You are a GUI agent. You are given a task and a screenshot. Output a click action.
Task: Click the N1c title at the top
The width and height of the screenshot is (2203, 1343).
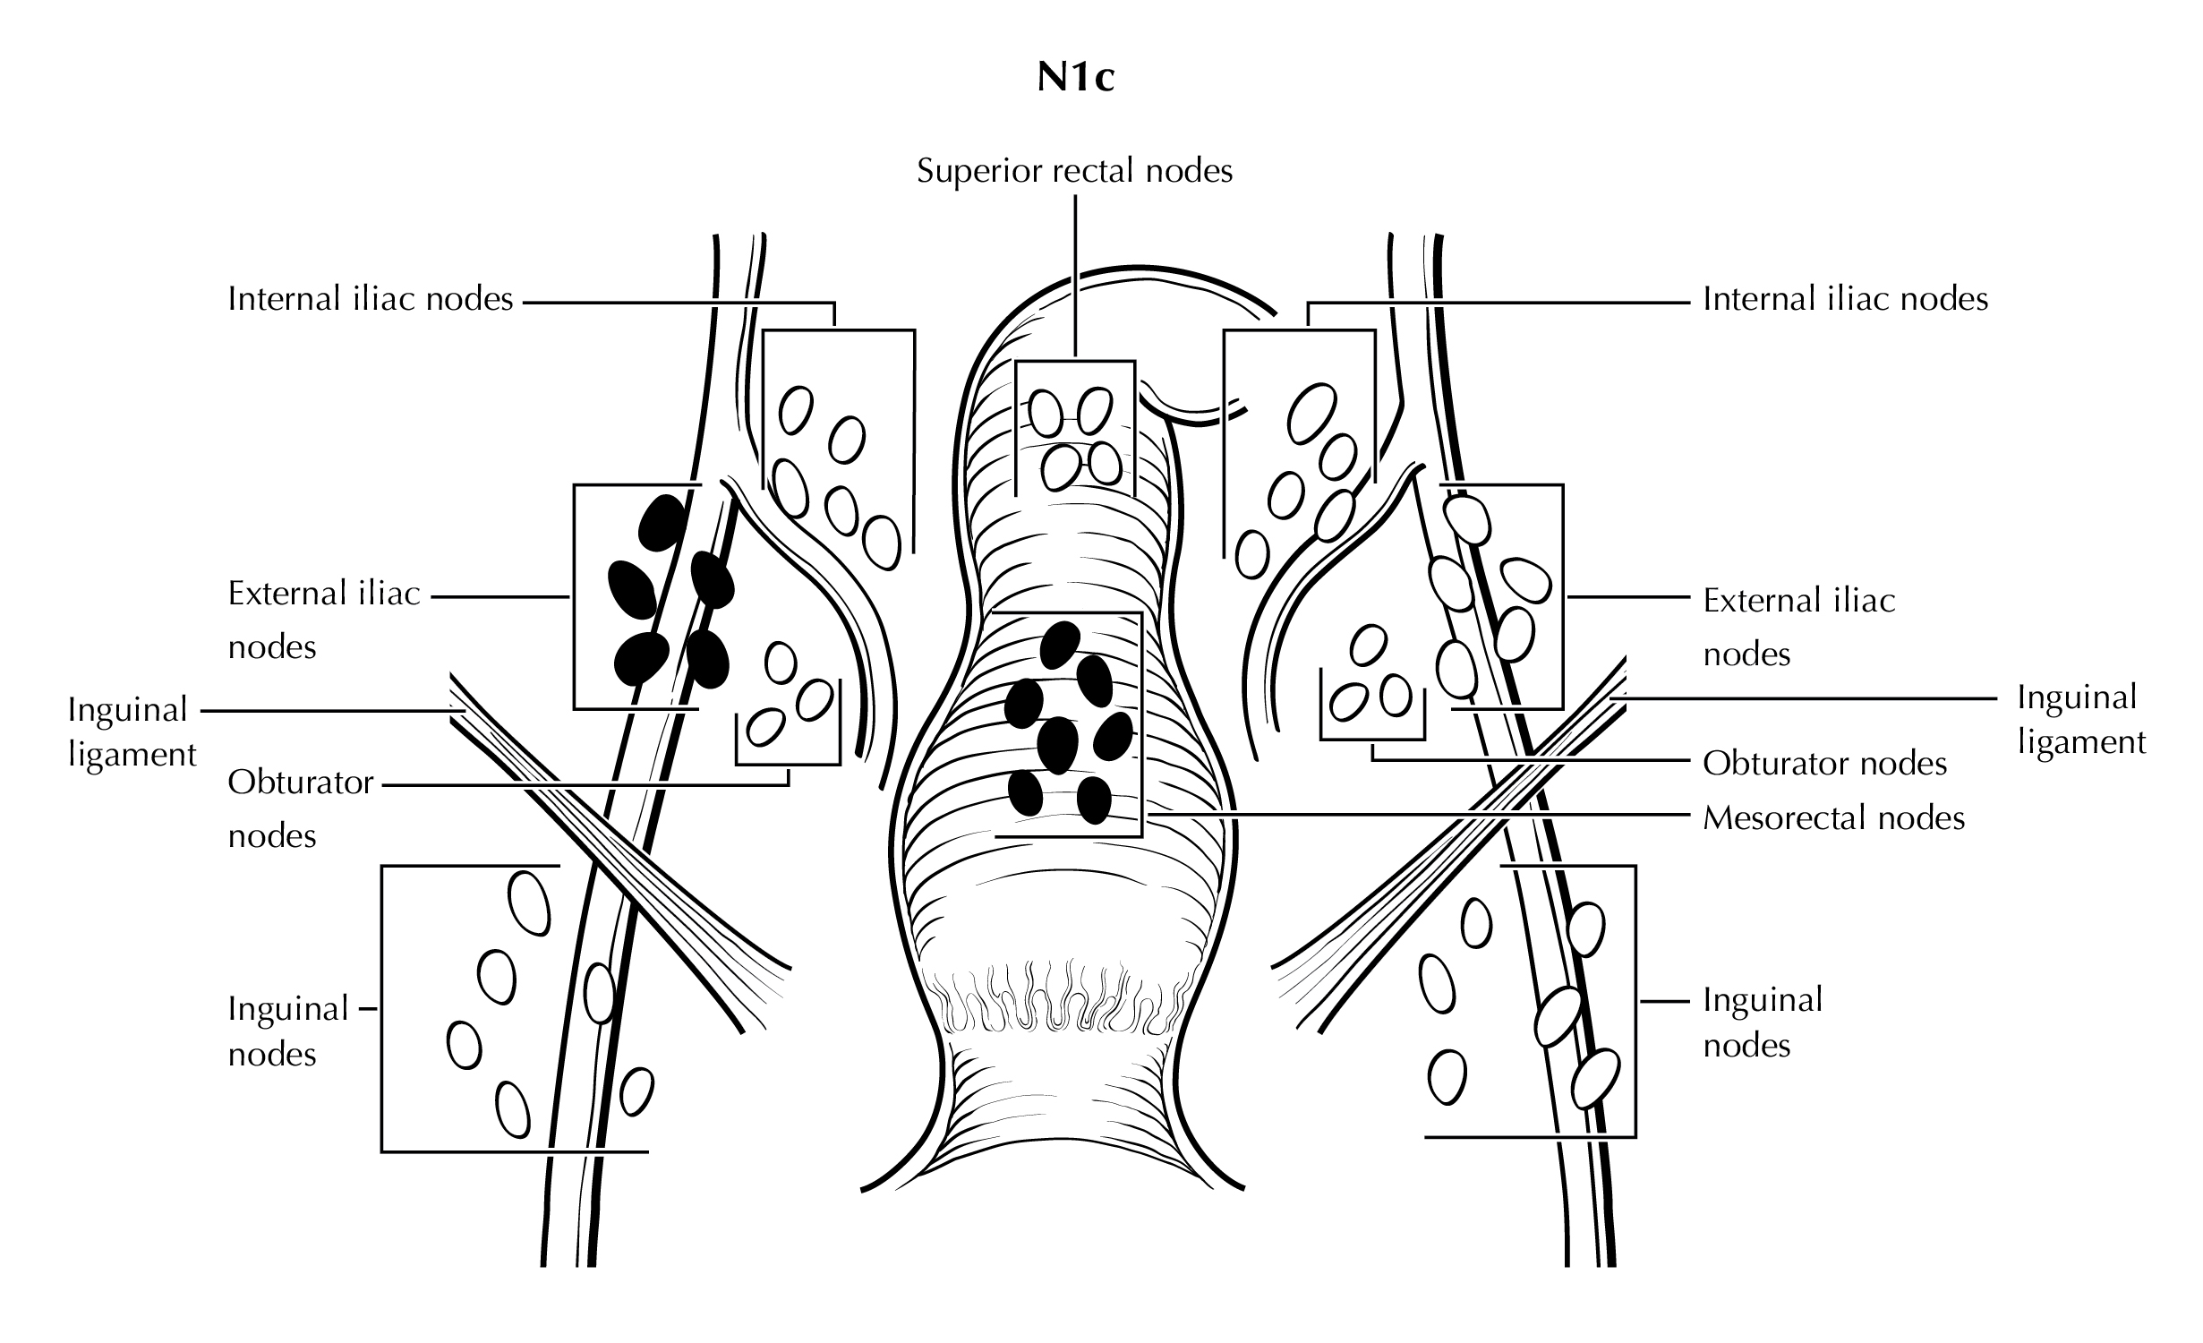tap(1075, 79)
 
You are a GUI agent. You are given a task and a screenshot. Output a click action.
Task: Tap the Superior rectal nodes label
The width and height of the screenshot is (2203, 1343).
tap(1074, 170)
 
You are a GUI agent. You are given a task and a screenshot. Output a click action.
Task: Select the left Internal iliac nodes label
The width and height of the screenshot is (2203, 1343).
tap(371, 298)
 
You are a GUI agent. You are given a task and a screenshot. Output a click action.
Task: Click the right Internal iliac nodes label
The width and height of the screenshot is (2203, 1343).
tap(1845, 298)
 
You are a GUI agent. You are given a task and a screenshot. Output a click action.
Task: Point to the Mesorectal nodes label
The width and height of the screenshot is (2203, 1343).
tap(1833, 817)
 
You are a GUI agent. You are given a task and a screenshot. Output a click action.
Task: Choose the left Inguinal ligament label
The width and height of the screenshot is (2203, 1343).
tap(132, 731)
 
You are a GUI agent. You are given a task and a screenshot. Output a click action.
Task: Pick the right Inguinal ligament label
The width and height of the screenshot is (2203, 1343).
tap(2081, 720)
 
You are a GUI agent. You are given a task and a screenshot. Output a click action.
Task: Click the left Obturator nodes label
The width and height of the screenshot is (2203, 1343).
tap(300, 808)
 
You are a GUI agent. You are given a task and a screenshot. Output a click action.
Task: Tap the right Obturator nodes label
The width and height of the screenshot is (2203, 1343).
tap(1824, 763)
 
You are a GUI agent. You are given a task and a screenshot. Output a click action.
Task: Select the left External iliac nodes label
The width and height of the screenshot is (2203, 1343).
tap(324, 620)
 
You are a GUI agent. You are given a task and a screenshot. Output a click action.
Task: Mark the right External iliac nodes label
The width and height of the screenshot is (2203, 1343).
tap(1798, 627)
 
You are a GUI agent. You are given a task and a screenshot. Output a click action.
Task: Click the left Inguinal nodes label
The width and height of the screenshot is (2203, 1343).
tap(288, 1031)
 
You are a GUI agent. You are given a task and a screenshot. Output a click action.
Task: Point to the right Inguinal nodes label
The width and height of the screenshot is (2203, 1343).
tap(1763, 1022)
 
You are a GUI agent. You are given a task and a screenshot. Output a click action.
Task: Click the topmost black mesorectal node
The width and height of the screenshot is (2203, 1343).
tap(1061, 645)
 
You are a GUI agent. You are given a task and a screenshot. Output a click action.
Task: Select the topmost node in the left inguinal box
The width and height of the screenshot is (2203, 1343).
tap(529, 902)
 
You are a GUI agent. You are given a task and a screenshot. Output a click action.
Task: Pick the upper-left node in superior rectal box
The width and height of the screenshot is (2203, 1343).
tap(1045, 413)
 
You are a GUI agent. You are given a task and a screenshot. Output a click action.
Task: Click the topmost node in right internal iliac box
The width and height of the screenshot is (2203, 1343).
tap(1311, 413)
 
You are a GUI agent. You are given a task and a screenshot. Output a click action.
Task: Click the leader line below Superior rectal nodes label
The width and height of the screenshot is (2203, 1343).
tap(1075, 278)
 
